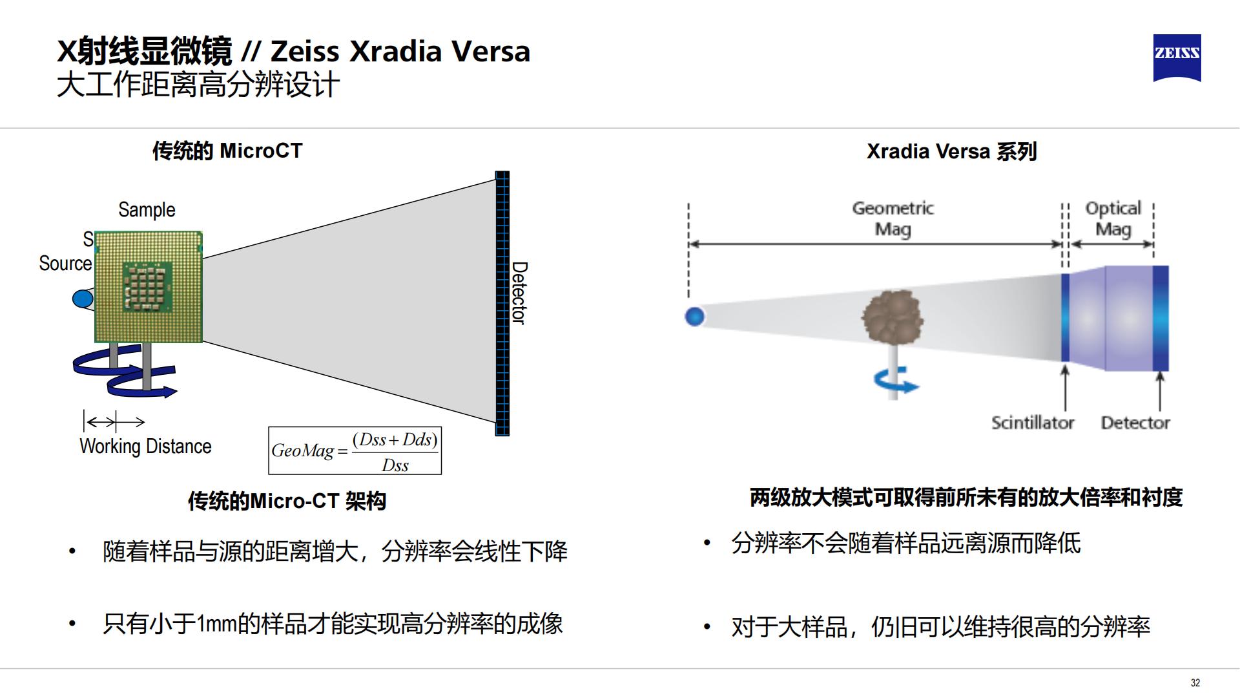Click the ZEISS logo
click(x=1177, y=58)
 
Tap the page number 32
click(x=1195, y=682)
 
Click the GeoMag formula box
click(x=355, y=450)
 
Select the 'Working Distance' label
click(x=145, y=447)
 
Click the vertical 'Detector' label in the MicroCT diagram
click(x=519, y=293)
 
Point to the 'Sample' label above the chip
click(x=147, y=210)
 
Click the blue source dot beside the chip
click(x=83, y=299)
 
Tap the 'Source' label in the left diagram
click(x=65, y=264)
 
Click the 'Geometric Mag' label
click(x=893, y=218)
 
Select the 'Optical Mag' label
click(x=1113, y=218)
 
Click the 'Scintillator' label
click(x=1032, y=423)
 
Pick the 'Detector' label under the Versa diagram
click(x=1135, y=423)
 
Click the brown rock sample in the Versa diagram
click(x=892, y=317)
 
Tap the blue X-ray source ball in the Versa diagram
click(x=694, y=317)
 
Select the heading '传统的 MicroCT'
click(x=227, y=151)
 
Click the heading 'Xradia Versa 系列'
click(x=951, y=151)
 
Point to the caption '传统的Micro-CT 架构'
click(x=287, y=501)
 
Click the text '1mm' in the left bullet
click(x=217, y=624)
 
